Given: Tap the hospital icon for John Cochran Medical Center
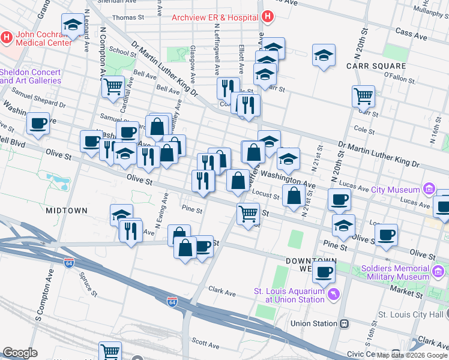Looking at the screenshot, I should click(7, 38).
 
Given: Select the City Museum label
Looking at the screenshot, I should click(397, 190).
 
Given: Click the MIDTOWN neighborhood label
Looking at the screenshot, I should click(67, 211).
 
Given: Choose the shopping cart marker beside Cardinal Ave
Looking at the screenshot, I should click(113, 86).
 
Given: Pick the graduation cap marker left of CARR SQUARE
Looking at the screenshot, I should click(324, 55).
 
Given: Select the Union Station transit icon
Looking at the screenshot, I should click(345, 323).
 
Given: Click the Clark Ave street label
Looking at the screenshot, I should click(222, 292).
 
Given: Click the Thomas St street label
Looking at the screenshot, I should click(128, 17).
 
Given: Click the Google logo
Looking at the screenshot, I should click(20, 353).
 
